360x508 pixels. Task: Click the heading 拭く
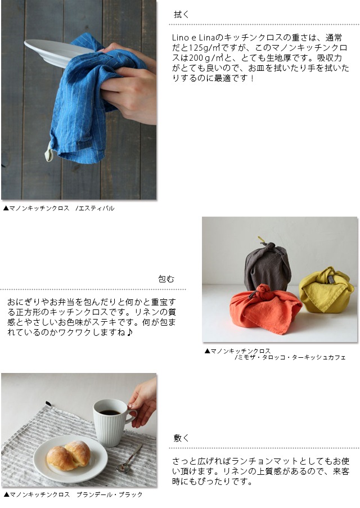click(x=181, y=14)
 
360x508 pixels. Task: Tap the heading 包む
click(x=166, y=279)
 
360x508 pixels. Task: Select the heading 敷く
click(x=181, y=438)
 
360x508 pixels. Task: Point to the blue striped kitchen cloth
click(x=88, y=97)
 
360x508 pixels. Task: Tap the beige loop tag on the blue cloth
click(x=48, y=152)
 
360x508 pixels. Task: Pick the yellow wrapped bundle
click(x=326, y=290)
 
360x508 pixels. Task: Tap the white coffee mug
click(x=112, y=422)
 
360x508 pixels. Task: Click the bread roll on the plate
click(x=69, y=455)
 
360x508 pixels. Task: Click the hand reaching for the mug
click(x=143, y=402)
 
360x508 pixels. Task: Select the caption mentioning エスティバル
click(x=58, y=208)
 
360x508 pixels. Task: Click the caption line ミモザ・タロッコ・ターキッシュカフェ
click(x=290, y=357)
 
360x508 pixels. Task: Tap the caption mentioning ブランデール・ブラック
click(x=73, y=494)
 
